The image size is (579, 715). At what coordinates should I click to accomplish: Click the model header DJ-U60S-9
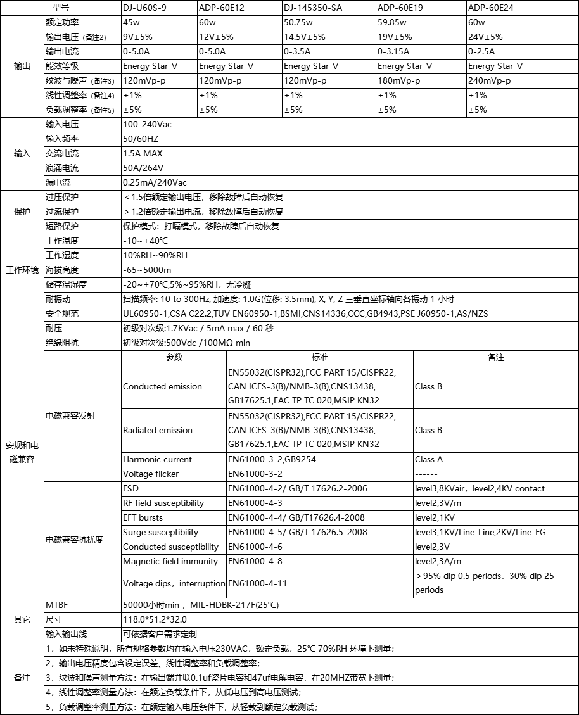pos(146,8)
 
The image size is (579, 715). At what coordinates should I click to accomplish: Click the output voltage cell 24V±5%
pos(485,37)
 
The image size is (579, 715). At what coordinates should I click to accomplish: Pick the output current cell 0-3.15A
pos(393,52)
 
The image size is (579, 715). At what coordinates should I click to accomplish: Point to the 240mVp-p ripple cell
pos(489,81)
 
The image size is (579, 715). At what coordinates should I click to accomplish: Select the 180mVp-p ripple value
pos(399,81)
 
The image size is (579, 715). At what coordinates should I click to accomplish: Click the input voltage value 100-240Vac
pos(147,125)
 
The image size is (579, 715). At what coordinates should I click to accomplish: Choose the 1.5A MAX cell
pos(143,154)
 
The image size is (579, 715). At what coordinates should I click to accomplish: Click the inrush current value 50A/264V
pos(143,168)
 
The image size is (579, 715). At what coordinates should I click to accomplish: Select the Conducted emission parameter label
pos(162,387)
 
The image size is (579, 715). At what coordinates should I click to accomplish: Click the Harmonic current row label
pos(157,460)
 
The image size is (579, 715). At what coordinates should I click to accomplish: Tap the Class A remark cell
pos(429,460)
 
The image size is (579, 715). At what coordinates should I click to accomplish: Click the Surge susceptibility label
pos(160,533)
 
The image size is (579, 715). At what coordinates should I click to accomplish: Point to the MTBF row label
pos(56,605)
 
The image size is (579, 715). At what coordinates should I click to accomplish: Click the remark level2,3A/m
pos(438,562)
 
